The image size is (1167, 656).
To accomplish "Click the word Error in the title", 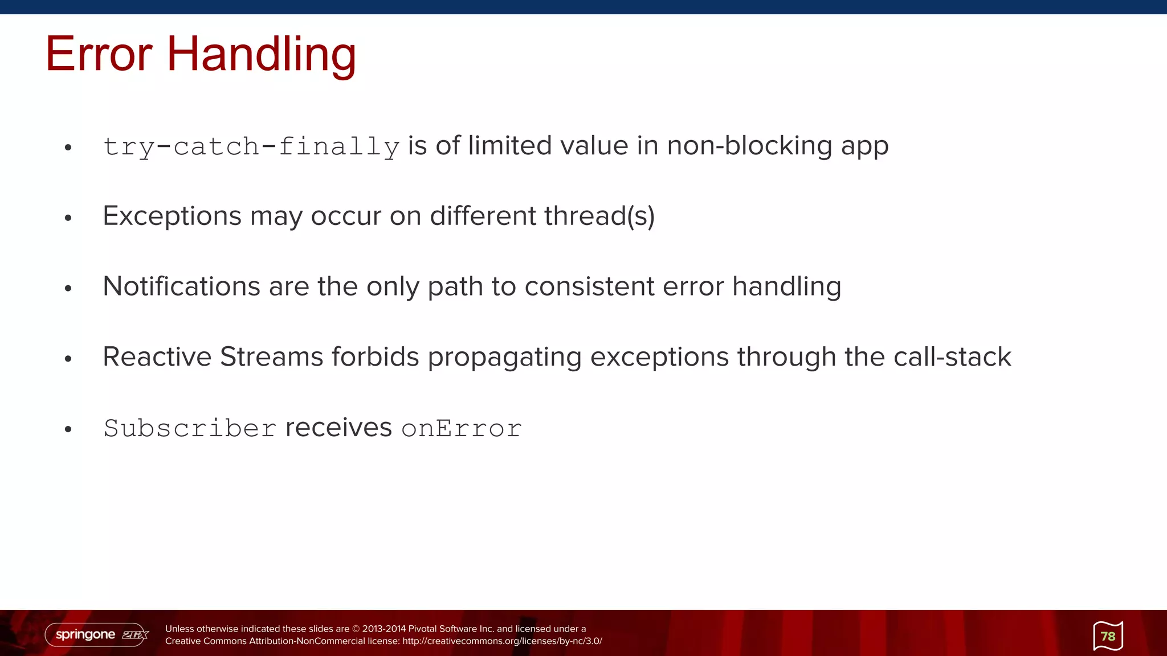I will click(99, 54).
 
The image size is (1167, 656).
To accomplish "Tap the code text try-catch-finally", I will click(251, 146).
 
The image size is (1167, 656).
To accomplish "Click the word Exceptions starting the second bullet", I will click(172, 216).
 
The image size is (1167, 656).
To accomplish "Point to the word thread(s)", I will click(599, 216).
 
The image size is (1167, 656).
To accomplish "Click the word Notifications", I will click(181, 286).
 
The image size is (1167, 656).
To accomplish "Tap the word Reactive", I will click(157, 357).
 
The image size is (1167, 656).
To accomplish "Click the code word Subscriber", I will click(190, 428).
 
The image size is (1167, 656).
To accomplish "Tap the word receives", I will click(338, 428).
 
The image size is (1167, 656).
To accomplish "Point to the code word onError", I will click(462, 428).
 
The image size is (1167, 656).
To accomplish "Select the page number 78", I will click(1108, 636).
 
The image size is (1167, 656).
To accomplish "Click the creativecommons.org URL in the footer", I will click(502, 641).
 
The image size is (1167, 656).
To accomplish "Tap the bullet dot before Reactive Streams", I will click(68, 359).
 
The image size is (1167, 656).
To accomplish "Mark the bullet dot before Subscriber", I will click(68, 429).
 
